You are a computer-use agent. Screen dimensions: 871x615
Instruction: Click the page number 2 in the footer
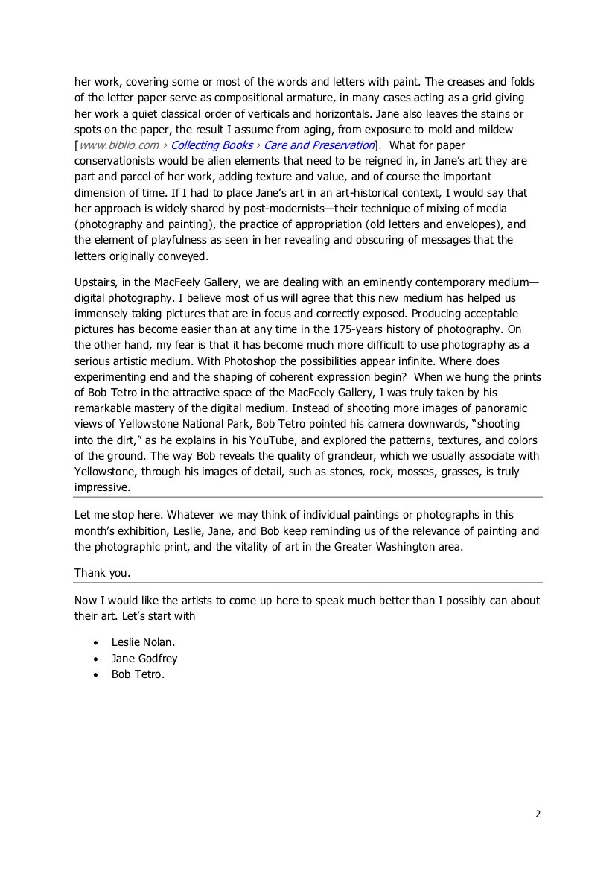pos(538,814)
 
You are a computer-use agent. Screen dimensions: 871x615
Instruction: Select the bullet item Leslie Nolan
pos(143,642)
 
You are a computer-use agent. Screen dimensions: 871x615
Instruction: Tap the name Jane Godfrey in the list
pos(144,659)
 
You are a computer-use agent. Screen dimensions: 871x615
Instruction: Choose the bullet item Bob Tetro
pos(138,675)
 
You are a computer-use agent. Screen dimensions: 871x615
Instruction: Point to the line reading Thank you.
pos(101,573)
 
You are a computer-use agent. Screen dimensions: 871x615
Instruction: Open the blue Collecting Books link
pos(211,145)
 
